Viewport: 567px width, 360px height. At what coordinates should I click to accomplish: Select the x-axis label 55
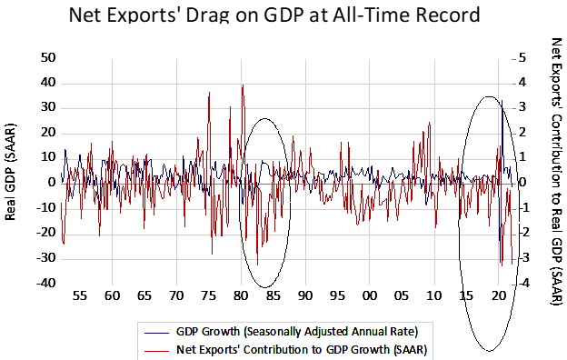tap(79, 296)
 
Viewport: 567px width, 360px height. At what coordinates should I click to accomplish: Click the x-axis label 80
tap(241, 296)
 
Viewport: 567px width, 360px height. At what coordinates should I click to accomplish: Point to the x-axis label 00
tap(370, 296)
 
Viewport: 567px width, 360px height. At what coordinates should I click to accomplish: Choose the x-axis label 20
tap(499, 296)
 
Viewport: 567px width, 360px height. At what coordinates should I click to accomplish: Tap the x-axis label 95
tap(337, 296)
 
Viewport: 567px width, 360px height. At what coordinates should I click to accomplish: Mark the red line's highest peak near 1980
tap(243, 85)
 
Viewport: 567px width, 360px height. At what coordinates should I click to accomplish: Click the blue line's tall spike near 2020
tap(502, 101)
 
